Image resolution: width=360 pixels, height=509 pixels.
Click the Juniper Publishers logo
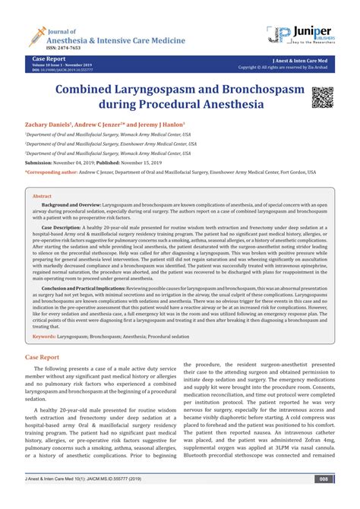click(302, 33)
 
